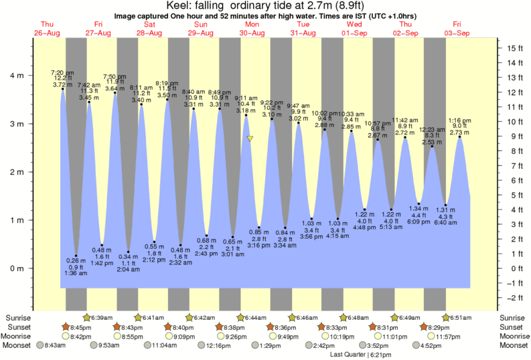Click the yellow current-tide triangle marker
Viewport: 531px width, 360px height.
250,139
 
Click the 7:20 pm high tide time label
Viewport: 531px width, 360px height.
62,72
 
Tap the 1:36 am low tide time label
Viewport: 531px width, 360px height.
76,274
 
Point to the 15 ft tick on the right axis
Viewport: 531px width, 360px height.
514,48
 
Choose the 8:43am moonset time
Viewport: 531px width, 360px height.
55,345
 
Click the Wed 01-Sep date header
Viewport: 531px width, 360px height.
355,28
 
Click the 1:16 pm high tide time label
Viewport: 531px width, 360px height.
460,120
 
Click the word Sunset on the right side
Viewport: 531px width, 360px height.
513,327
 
